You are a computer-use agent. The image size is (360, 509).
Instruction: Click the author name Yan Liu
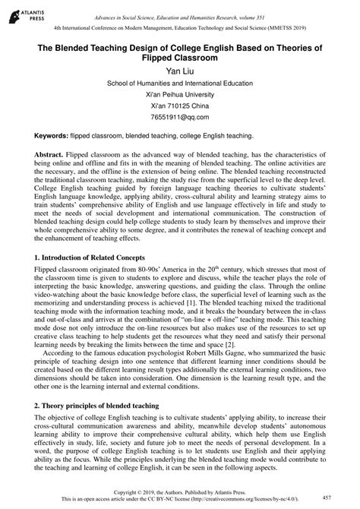click(x=180, y=71)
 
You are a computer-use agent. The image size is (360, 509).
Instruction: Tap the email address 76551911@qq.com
click(x=180, y=118)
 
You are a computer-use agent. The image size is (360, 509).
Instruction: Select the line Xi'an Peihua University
click(x=180, y=95)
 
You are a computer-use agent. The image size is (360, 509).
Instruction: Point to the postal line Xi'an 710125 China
click(x=180, y=106)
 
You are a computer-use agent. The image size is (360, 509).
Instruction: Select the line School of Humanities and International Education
click(x=180, y=84)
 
